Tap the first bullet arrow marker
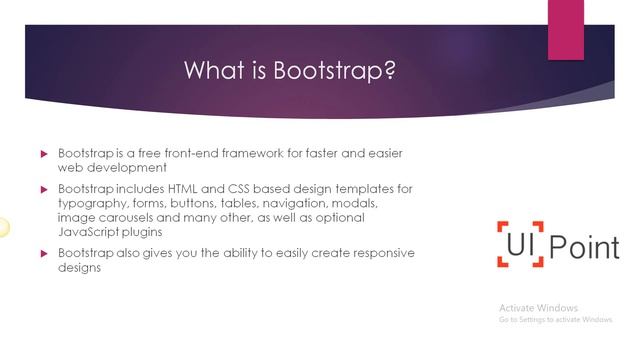[44, 154]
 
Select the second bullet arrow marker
[44, 189]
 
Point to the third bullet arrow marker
[44, 254]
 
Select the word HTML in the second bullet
[192, 188]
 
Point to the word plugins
[147, 231]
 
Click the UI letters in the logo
[519, 243]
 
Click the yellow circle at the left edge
[3, 227]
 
